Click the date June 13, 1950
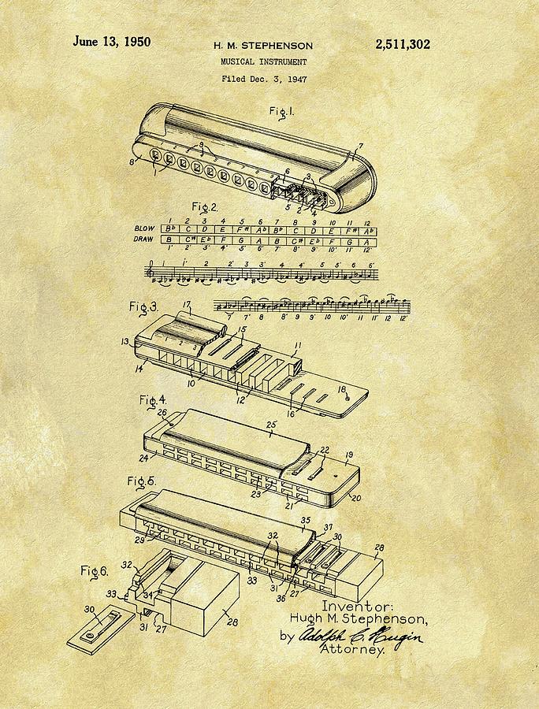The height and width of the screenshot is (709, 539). pyautogui.click(x=112, y=43)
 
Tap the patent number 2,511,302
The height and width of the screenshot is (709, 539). pyautogui.click(x=402, y=45)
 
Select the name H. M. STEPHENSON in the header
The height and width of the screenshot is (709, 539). pyautogui.click(x=264, y=46)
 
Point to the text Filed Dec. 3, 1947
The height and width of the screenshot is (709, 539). pyautogui.click(x=264, y=79)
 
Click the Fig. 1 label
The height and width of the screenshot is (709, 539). pyautogui.click(x=281, y=111)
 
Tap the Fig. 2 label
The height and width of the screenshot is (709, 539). pyautogui.click(x=204, y=208)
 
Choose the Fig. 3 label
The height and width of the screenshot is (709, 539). pyautogui.click(x=143, y=306)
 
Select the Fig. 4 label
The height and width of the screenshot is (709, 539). pyautogui.click(x=153, y=401)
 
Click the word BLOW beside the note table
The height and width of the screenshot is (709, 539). pyautogui.click(x=145, y=228)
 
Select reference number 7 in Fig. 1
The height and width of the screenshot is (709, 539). pyautogui.click(x=361, y=147)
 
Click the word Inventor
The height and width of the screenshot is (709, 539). pyautogui.click(x=355, y=607)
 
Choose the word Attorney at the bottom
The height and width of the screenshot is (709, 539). pyautogui.click(x=351, y=650)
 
